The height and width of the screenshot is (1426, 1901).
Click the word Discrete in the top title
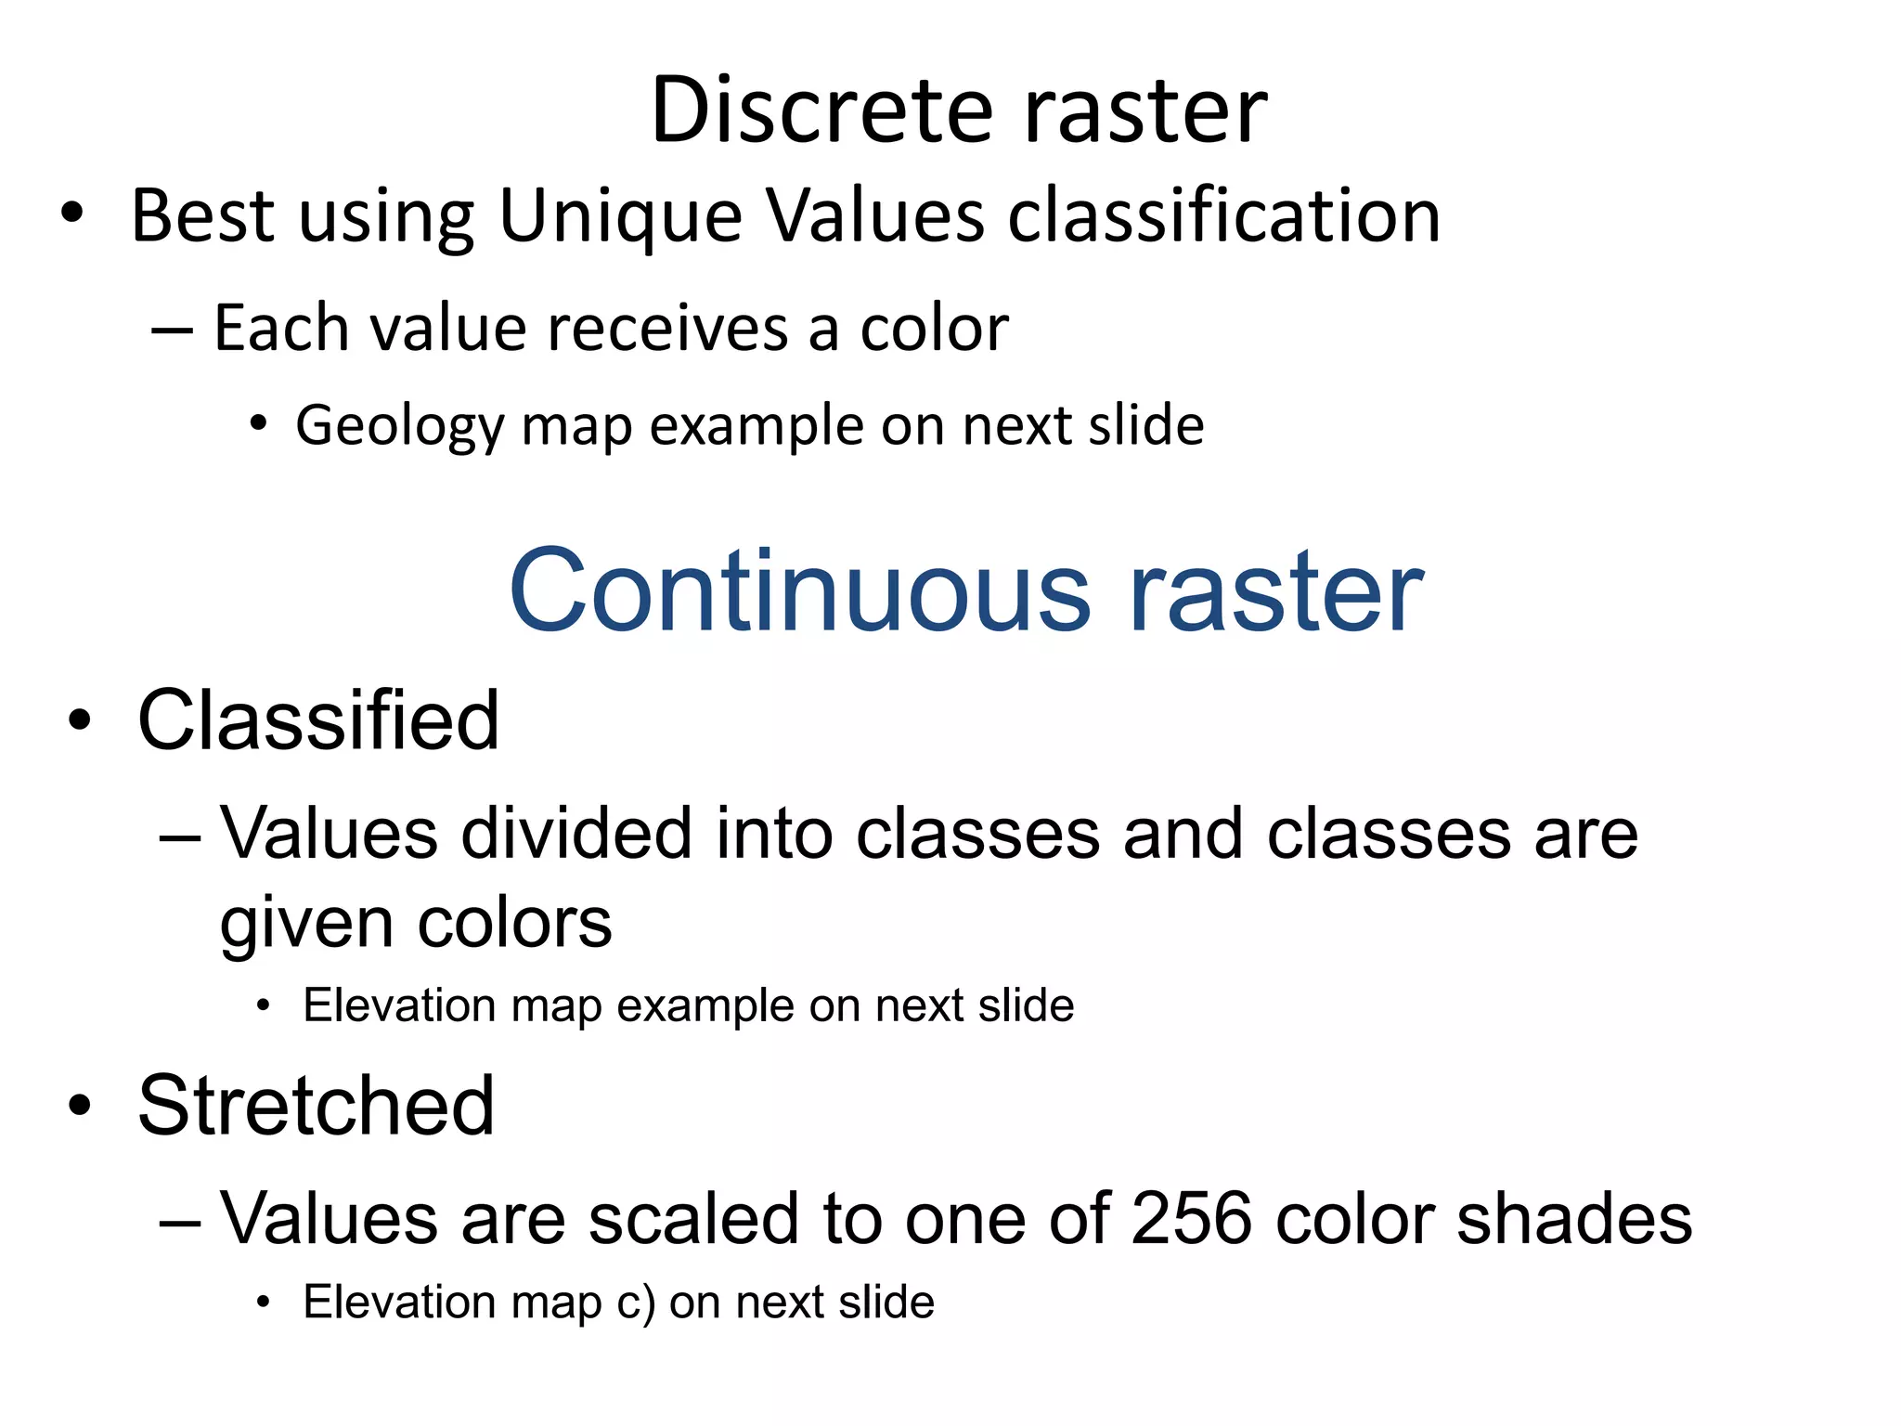point(821,111)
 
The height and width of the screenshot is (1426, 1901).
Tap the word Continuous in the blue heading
point(799,591)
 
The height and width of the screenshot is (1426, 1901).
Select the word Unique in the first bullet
point(620,216)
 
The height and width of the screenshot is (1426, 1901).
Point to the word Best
point(203,216)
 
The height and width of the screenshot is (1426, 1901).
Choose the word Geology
point(398,427)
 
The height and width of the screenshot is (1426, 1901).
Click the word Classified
point(318,721)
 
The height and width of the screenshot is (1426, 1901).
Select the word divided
point(576,833)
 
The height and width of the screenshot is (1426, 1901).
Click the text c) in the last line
point(636,1303)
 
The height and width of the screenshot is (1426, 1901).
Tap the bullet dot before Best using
point(72,214)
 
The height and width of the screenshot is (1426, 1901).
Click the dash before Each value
point(172,331)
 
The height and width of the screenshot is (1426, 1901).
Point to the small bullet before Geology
point(259,425)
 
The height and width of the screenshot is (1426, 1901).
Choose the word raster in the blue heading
point(1274,591)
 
